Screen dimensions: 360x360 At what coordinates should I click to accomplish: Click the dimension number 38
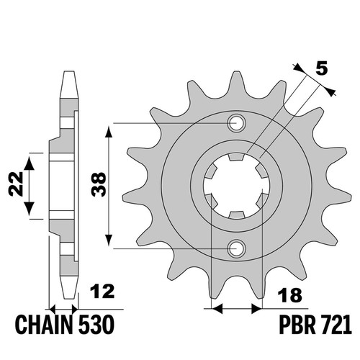tap(99, 184)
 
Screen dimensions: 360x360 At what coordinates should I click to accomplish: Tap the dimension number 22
tap(16, 184)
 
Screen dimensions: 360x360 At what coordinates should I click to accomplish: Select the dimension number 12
tap(102, 291)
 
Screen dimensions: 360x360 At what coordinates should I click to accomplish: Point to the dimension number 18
tap(289, 295)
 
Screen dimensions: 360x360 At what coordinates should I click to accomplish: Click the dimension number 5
tap(322, 68)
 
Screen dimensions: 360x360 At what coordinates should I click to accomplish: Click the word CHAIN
tap(44, 325)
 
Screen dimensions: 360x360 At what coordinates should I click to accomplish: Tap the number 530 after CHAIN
tap(96, 325)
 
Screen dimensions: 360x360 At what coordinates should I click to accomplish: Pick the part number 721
tap(336, 325)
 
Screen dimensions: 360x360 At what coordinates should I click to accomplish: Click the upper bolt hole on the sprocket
tap(236, 123)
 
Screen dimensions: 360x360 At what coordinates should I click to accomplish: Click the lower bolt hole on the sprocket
tap(236, 248)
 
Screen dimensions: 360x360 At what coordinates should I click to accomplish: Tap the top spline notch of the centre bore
tap(236, 157)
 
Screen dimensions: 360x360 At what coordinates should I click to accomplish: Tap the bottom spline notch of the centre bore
tap(236, 215)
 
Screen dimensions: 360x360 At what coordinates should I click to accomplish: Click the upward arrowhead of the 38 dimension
tap(109, 132)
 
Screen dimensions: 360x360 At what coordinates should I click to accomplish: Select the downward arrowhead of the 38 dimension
tap(109, 240)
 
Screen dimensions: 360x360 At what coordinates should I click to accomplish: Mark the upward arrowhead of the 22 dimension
tap(30, 163)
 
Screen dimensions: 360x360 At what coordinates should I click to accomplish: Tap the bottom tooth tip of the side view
tap(69, 297)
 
